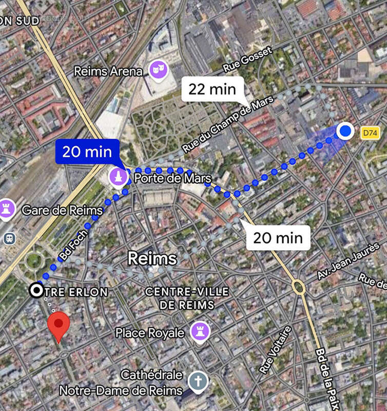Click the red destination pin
click(x=59, y=325)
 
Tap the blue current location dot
click(x=346, y=132)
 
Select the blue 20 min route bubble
click(x=87, y=152)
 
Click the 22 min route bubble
click(x=212, y=89)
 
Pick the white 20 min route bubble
click(x=278, y=237)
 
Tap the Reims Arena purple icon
click(x=157, y=70)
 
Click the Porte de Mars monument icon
click(x=119, y=178)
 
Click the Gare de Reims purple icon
click(x=7, y=209)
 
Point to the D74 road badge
click(x=370, y=133)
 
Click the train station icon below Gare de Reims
click(x=9, y=238)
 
